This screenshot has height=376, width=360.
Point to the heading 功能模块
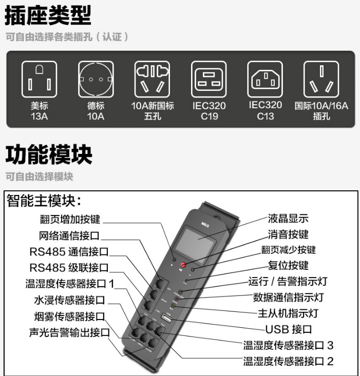49,154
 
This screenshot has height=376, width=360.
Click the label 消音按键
288,234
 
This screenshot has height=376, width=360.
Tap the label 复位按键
288,265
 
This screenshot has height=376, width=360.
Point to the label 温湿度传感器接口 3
288,345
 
